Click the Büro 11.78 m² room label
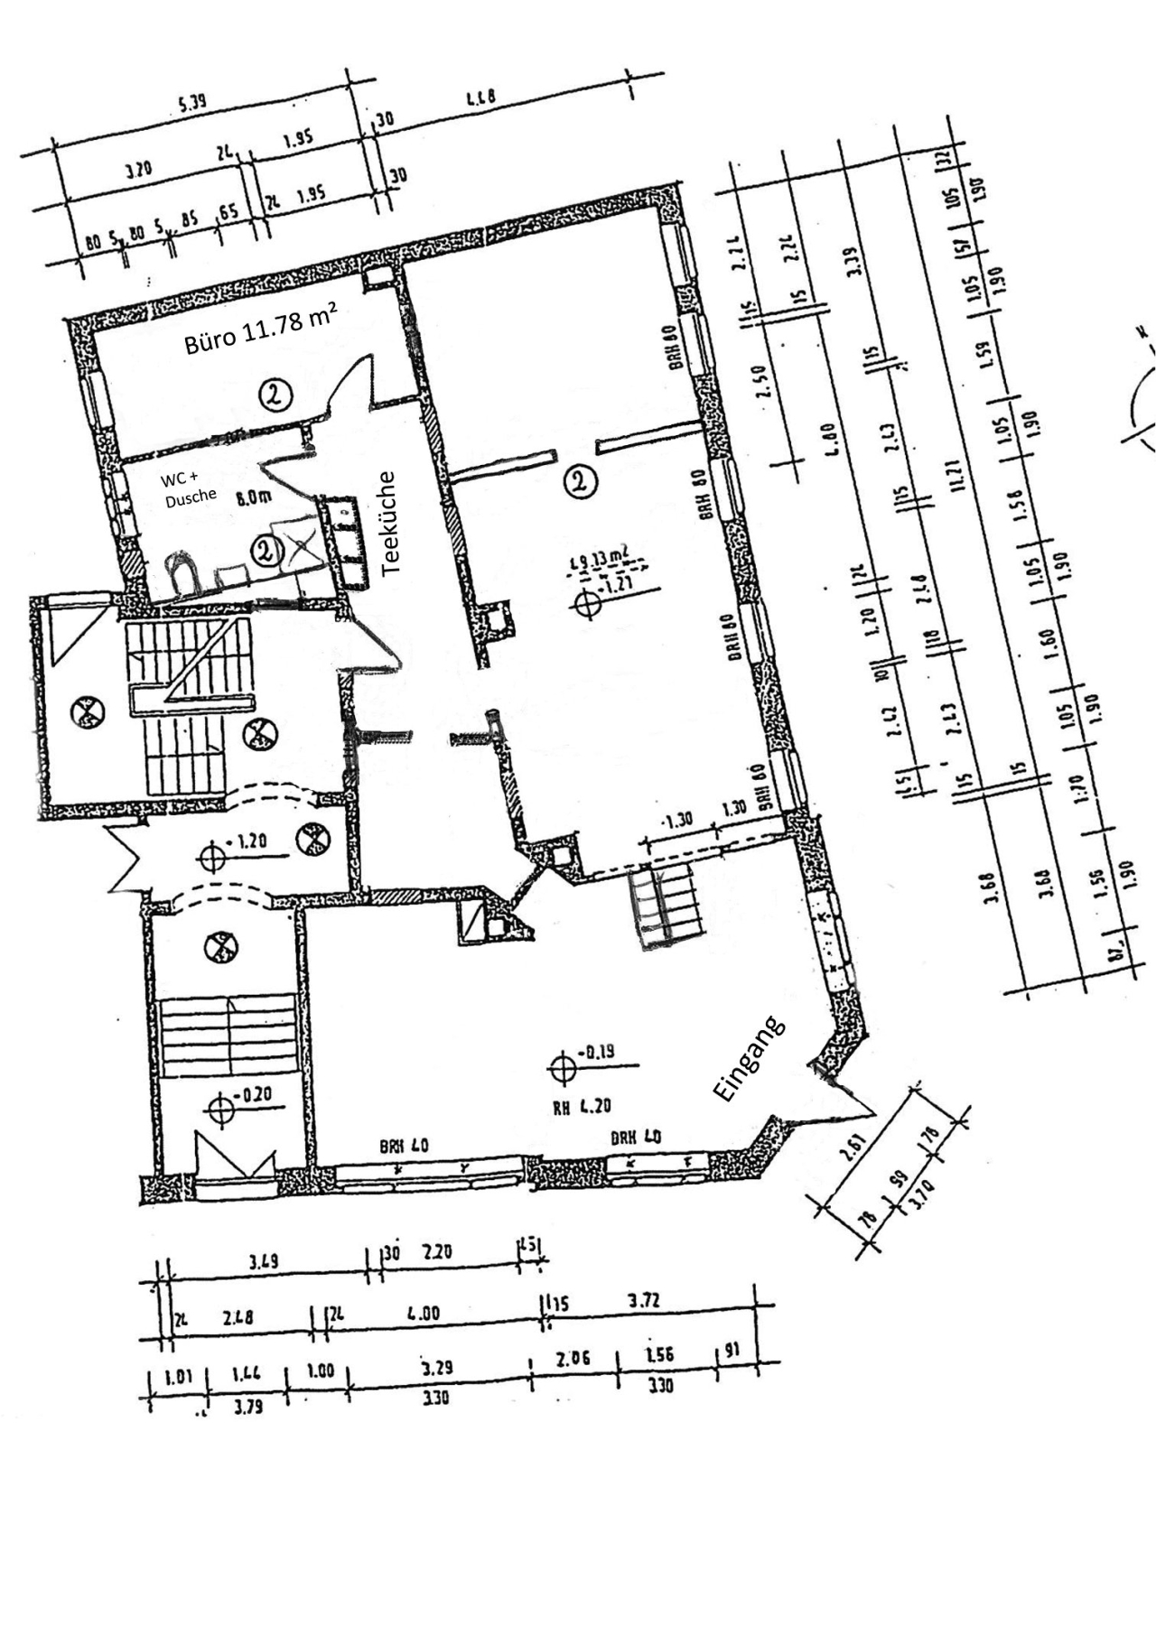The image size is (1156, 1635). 261,330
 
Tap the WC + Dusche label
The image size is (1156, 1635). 190,487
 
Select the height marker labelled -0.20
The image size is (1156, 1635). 221,1106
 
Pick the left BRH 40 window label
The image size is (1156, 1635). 404,1147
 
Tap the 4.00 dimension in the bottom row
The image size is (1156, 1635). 424,1314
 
